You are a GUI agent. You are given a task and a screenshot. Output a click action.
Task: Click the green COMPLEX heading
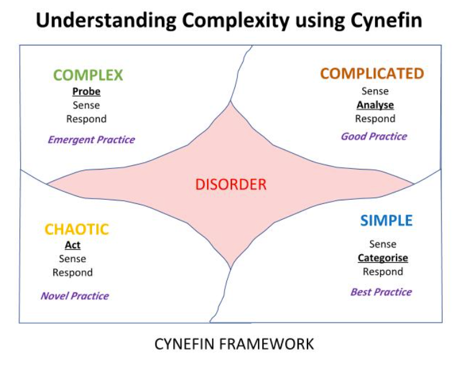[88, 75]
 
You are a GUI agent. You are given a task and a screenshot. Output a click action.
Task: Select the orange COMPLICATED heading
[372, 74]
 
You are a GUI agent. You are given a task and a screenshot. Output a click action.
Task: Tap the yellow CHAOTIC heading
[76, 229]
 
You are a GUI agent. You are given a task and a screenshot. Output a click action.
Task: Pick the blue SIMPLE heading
[386, 220]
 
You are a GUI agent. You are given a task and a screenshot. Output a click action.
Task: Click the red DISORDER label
[231, 184]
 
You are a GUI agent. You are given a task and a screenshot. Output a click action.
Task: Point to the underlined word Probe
[86, 92]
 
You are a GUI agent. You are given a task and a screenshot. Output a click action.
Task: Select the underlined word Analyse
[375, 105]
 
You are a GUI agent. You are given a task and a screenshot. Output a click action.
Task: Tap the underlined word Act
[73, 245]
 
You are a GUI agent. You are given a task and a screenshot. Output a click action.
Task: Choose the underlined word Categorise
[383, 258]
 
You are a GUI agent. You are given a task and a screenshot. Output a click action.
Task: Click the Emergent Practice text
[91, 140]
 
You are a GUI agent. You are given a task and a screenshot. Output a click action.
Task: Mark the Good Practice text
[374, 136]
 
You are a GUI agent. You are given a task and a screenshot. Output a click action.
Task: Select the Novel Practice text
[74, 296]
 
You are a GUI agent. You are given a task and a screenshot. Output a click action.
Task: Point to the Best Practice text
[381, 292]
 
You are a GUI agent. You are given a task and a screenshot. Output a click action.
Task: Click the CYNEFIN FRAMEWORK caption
[234, 344]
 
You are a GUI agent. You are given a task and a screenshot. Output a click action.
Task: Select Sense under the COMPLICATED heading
[375, 91]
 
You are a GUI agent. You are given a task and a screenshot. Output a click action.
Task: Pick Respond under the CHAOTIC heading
[73, 272]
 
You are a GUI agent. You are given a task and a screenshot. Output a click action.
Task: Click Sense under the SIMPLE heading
[383, 244]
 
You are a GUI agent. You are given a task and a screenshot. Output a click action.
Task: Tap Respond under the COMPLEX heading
[86, 119]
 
